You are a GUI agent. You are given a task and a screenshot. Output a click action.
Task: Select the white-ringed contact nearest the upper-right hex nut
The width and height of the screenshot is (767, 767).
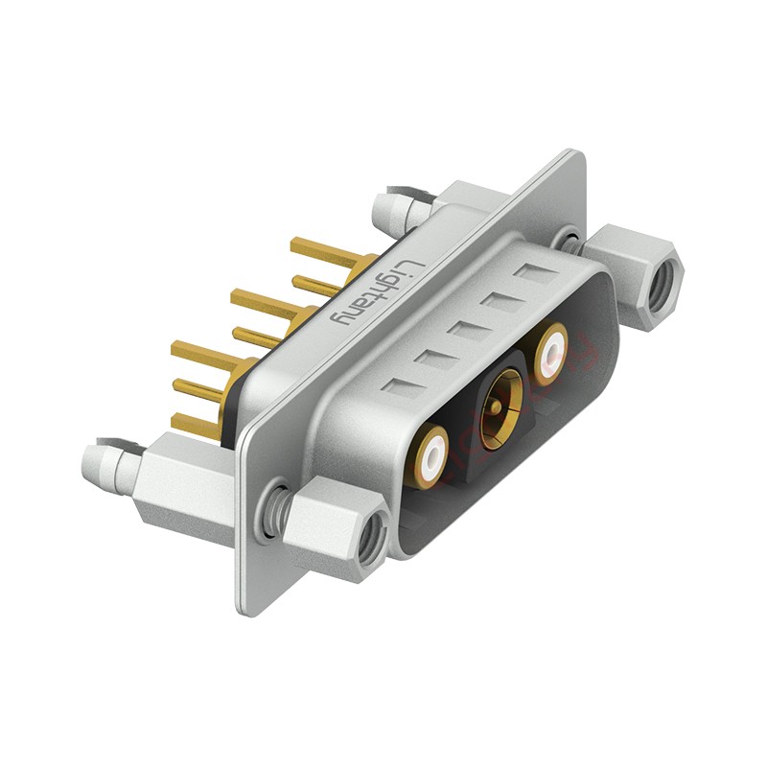550,352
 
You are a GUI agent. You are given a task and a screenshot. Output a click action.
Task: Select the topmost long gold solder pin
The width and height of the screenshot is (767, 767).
326,254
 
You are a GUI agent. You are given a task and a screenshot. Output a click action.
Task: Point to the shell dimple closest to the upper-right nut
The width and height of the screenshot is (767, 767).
529,274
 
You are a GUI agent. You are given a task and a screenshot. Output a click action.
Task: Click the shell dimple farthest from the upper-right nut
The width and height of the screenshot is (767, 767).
401,387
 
